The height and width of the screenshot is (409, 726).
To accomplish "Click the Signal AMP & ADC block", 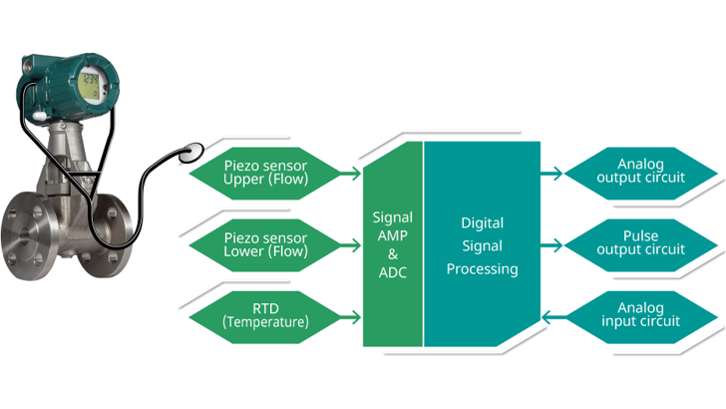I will (x=392, y=245).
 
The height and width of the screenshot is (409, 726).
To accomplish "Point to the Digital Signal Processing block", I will (x=483, y=245).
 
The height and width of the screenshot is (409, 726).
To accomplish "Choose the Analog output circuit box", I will (x=639, y=172).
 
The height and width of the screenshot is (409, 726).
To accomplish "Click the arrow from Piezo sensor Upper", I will (x=349, y=173).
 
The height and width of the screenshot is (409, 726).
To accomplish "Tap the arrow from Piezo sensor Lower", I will (x=349, y=245).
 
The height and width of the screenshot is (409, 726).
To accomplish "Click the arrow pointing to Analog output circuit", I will (x=551, y=173).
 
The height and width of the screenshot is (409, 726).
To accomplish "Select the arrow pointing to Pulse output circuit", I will (x=551, y=245).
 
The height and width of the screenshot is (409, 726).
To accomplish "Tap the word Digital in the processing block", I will (x=482, y=223).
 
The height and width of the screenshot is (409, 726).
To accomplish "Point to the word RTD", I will (x=265, y=307).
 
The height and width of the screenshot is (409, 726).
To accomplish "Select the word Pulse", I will (x=640, y=236).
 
